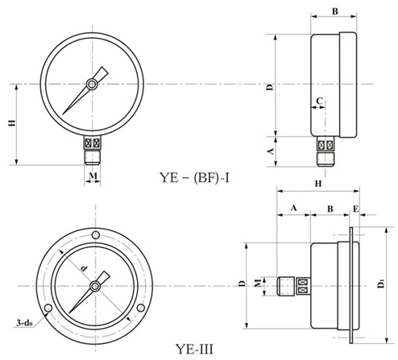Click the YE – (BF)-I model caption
coord(195,177)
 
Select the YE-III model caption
coord(195,350)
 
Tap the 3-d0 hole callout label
coord(24,323)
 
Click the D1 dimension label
coord(380,283)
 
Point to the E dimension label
coord(355,209)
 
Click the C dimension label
coord(319,101)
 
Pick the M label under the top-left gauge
coord(93,176)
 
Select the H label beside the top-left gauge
coord(12,123)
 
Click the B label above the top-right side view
coord(335,11)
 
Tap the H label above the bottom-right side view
coord(318,184)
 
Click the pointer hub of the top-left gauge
coord(92,85)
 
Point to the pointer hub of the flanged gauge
coord(95,287)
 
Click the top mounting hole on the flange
coord(96,235)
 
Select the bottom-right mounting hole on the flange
coord(141,308)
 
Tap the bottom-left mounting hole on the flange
coord(48,308)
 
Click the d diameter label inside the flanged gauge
coord(84,268)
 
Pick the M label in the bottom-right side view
coord(258,283)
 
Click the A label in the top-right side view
coord(272,151)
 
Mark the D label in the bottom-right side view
coord(243,283)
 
